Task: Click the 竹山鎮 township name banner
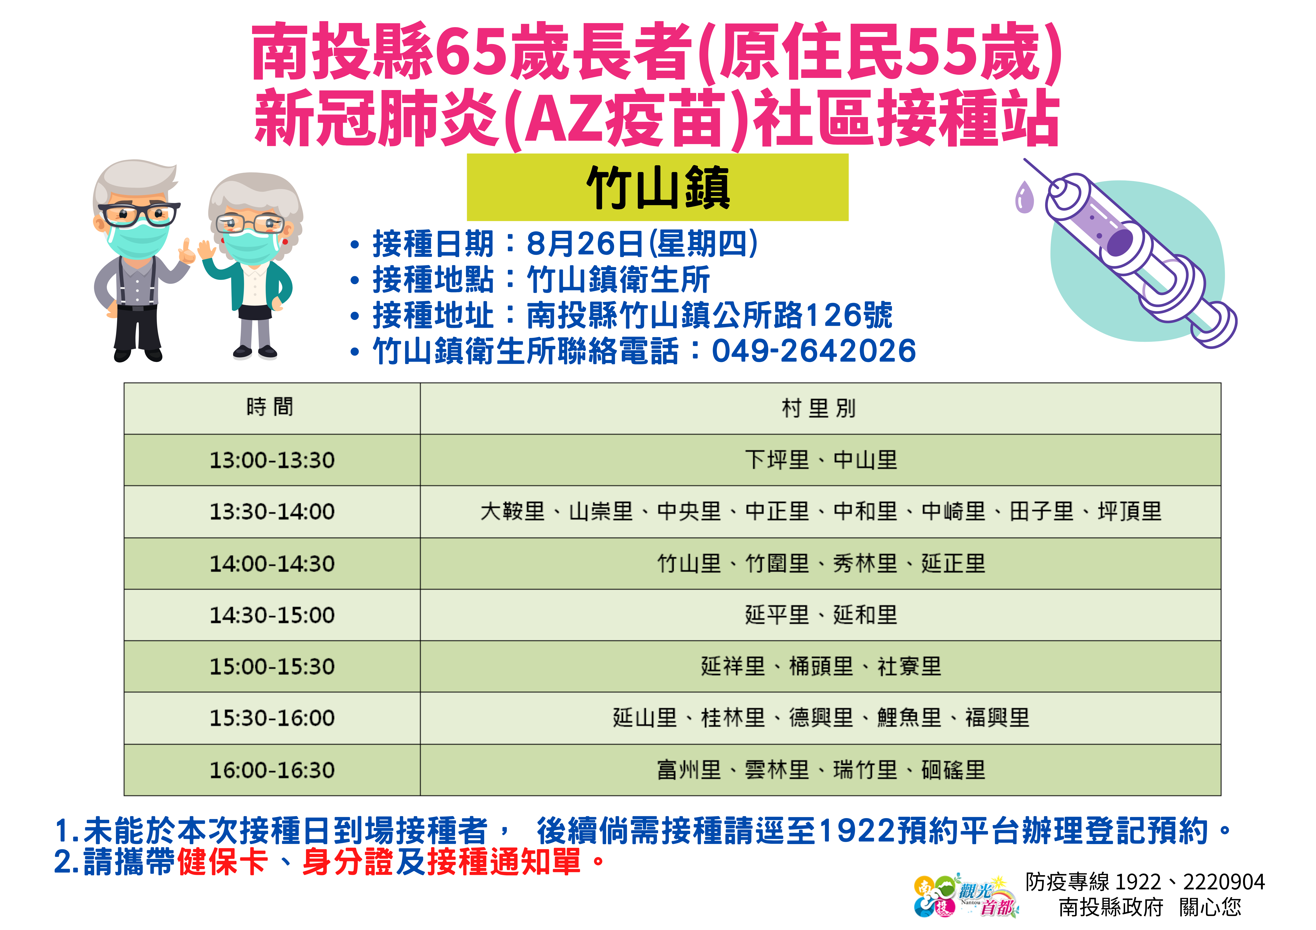(x=658, y=187)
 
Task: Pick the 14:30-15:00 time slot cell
(x=272, y=615)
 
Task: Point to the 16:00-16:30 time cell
(x=272, y=769)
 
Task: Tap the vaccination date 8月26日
(x=585, y=244)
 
